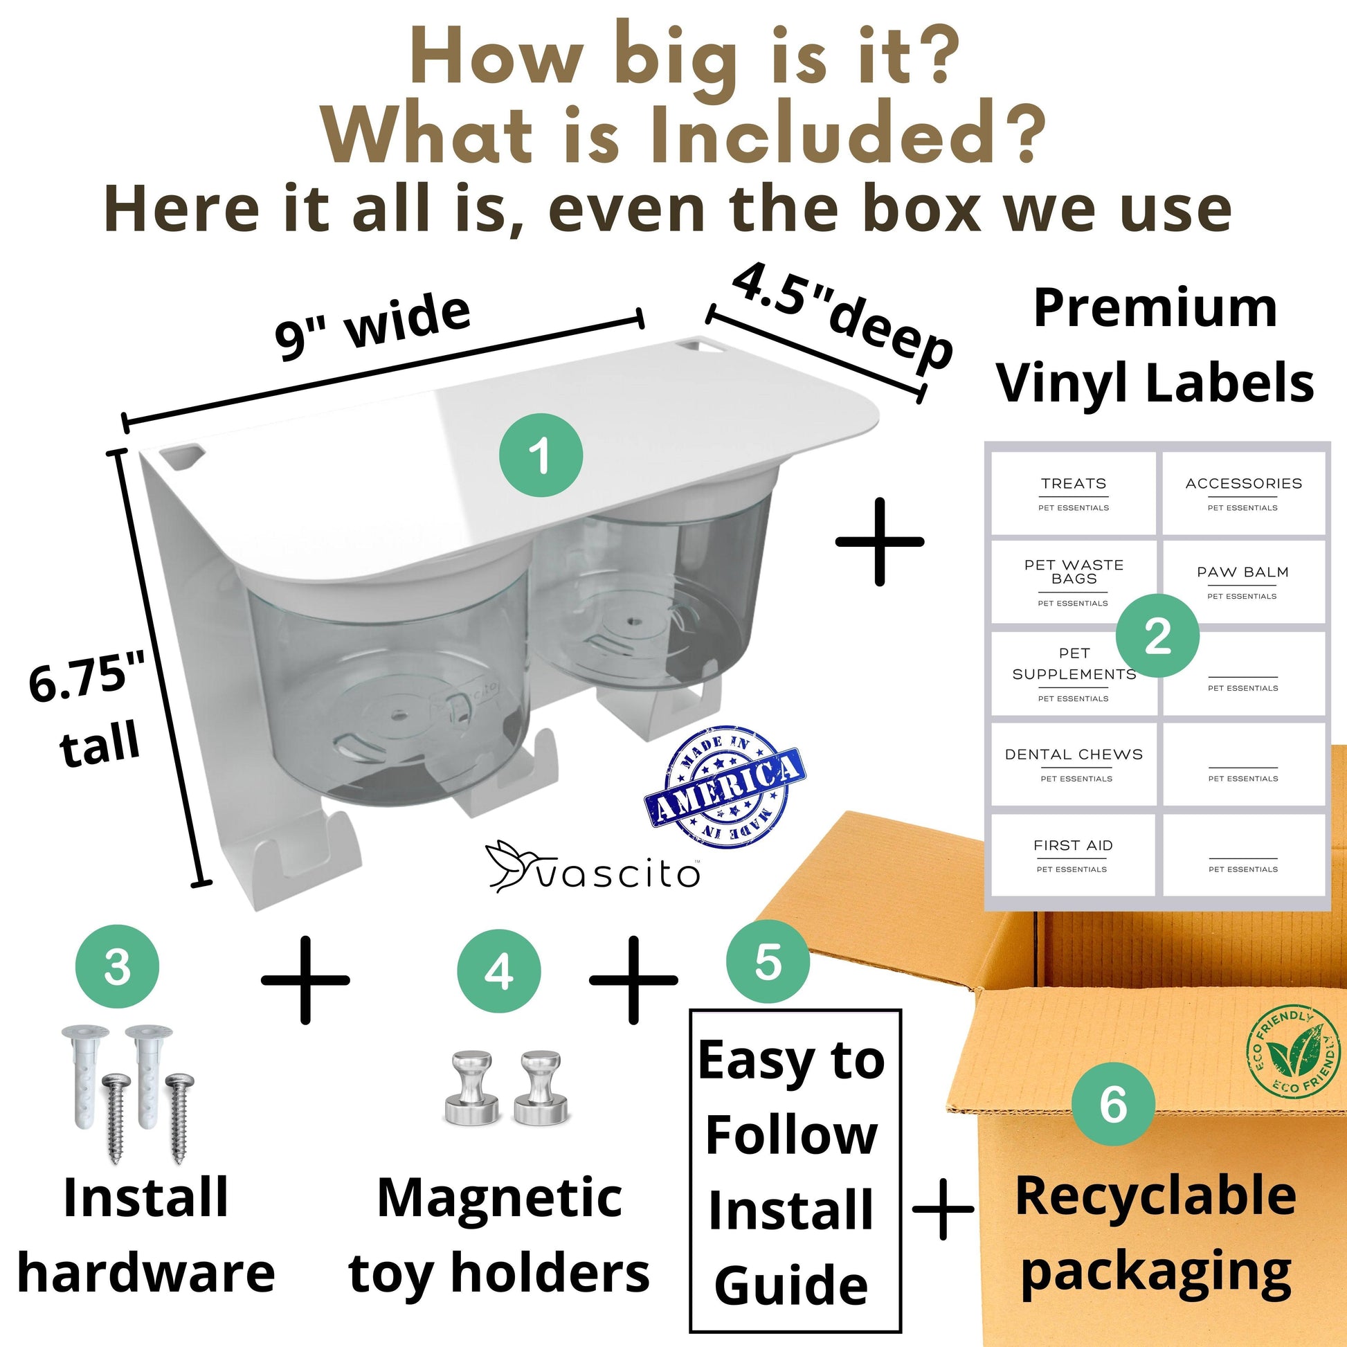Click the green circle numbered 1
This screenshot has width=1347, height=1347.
(541, 455)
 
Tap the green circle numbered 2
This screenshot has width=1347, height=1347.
(1157, 635)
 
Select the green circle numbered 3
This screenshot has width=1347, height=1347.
(117, 967)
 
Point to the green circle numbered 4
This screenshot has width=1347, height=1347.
(499, 971)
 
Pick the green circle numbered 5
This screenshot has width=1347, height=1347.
(768, 961)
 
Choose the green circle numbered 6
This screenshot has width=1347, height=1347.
(1114, 1103)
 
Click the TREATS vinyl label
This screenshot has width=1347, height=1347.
(1074, 494)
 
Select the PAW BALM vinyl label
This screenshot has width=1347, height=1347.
(1243, 582)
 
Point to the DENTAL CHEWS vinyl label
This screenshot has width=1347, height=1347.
(1074, 764)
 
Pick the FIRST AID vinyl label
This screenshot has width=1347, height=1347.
(1074, 855)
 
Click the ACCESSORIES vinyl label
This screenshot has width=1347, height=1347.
(1243, 494)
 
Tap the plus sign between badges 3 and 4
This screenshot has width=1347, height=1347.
(305, 979)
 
